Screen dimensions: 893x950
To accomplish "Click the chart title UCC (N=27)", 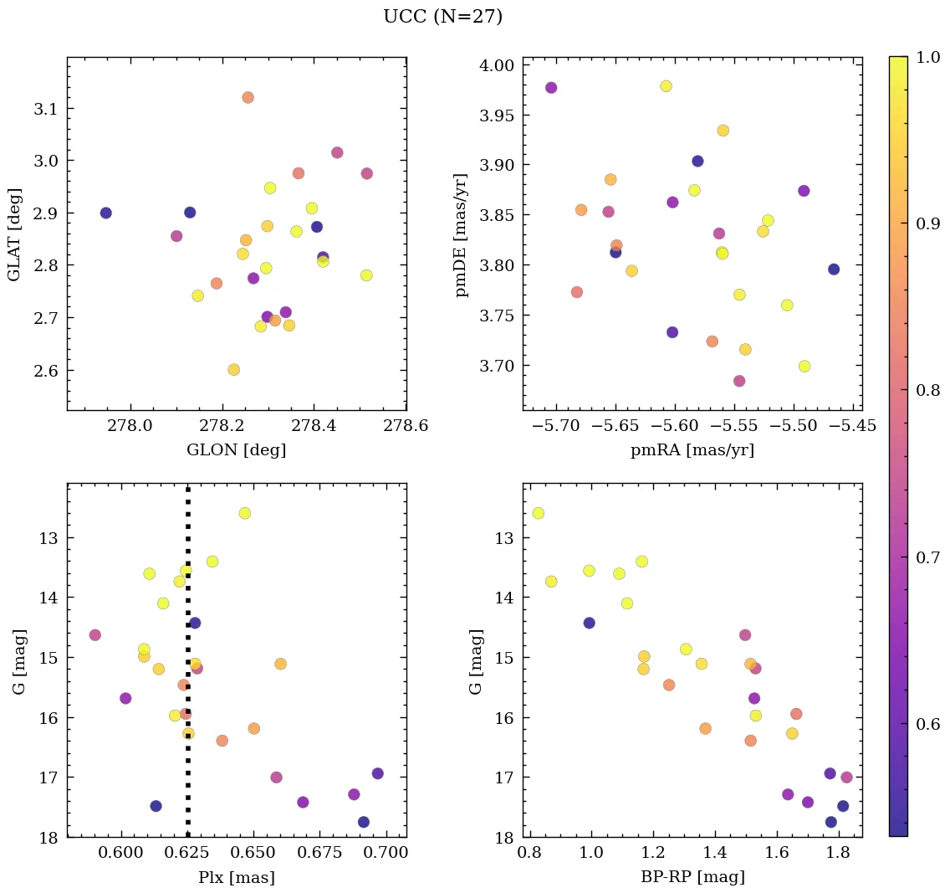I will click(x=442, y=17).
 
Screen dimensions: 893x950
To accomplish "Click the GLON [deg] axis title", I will click(x=236, y=450).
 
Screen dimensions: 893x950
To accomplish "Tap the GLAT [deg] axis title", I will click(x=14, y=234).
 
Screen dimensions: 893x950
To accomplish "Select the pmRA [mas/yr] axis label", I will click(x=692, y=450).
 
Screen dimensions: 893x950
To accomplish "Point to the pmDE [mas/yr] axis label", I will click(x=461, y=235).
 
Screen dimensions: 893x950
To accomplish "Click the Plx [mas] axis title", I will click(x=236, y=878).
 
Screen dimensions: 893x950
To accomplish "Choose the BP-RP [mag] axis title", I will click(x=692, y=878).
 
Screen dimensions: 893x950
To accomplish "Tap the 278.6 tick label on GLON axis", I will click(x=406, y=426).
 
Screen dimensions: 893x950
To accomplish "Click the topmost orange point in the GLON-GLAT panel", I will click(x=248, y=98).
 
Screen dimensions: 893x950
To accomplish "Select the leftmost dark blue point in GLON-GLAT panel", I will click(x=105, y=213).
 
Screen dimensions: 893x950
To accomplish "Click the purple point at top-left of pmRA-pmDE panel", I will click(x=551, y=88).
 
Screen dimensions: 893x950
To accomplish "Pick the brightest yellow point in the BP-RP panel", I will click(x=538, y=513).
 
